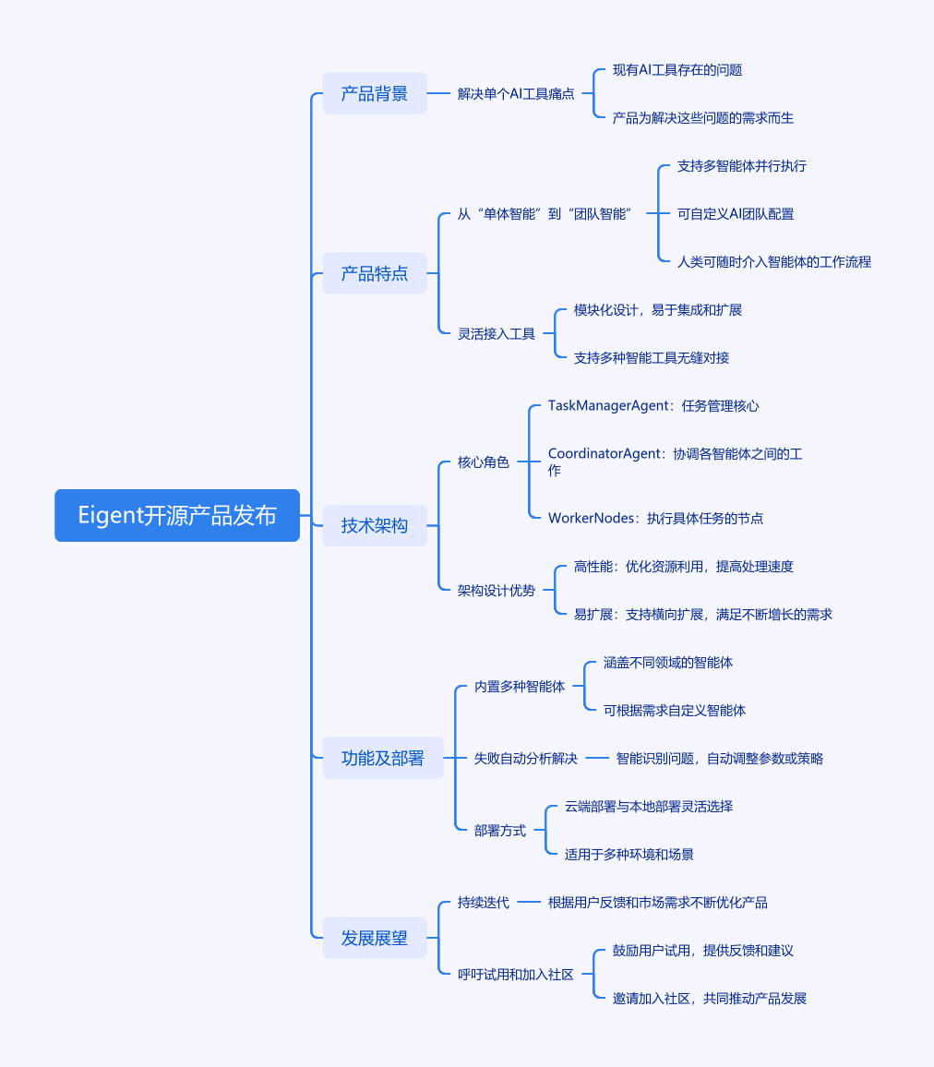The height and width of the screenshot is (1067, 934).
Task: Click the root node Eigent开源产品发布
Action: (177, 515)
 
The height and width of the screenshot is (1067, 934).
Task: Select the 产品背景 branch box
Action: (375, 93)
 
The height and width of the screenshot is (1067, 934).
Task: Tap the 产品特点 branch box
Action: (375, 273)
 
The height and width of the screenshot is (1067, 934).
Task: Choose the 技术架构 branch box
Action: (375, 525)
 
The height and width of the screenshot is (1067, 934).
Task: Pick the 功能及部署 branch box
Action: (383, 758)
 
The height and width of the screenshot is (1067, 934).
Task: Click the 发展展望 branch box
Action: (375, 938)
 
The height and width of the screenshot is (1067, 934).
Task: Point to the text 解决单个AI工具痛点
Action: (516, 94)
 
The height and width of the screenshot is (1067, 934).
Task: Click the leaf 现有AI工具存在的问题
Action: (677, 70)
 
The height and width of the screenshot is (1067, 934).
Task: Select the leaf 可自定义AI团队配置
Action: (736, 213)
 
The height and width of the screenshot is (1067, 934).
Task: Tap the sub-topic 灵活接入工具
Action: (496, 334)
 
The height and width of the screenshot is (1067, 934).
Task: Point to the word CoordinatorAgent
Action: (605, 454)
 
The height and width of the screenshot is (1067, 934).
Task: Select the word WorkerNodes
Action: (591, 519)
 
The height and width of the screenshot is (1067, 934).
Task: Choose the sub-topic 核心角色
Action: (483, 462)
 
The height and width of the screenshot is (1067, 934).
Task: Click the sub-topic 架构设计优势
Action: (496, 591)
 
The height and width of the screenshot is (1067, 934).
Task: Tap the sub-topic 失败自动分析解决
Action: (525, 759)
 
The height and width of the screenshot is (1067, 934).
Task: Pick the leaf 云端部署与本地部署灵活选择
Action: (648, 807)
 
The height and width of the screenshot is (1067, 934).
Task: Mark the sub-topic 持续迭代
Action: (483, 903)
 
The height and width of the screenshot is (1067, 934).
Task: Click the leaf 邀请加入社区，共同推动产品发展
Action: (710, 999)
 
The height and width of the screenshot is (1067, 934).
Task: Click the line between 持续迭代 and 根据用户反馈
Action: (529, 903)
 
